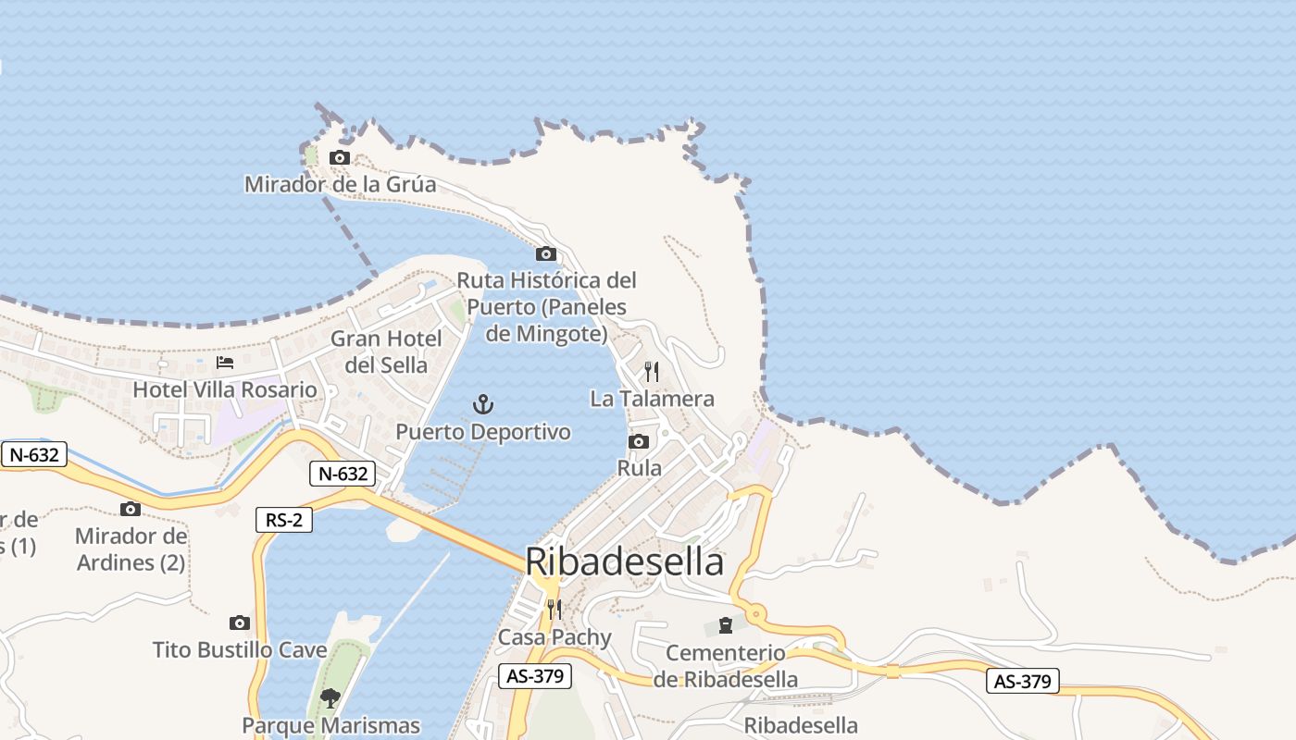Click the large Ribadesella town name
tap(624, 561)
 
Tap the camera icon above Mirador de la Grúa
tap(340, 158)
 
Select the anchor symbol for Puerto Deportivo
tap(483, 404)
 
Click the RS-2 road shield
tap(284, 520)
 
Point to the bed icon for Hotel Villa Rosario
tap(225, 363)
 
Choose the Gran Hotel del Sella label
tap(386, 351)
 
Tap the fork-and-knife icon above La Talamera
tap(653, 372)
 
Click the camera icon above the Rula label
tap(639, 442)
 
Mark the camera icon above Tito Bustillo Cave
tap(240, 623)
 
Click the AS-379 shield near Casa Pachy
tap(535, 676)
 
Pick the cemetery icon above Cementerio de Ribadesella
tap(726, 626)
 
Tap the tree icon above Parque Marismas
tap(330, 697)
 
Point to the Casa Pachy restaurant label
tap(555, 637)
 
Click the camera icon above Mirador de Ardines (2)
tap(131, 509)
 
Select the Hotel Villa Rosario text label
tap(225, 389)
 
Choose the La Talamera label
tap(653, 399)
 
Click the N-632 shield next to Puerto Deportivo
tap(343, 475)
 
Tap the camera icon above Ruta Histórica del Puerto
tap(546, 254)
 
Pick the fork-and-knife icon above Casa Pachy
tap(554, 609)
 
